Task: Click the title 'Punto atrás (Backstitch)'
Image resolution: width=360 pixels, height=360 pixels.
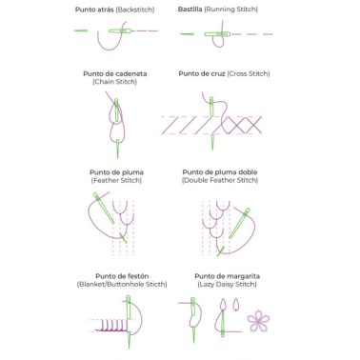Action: [114, 10]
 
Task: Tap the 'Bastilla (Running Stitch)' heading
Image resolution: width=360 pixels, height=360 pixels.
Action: [218, 10]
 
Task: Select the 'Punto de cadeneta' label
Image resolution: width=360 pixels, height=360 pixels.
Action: [115, 73]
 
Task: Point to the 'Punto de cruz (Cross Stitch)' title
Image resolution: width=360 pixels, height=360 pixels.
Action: [224, 73]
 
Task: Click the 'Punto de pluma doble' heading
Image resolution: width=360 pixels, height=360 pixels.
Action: [220, 172]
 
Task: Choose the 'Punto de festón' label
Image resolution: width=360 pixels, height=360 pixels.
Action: [122, 276]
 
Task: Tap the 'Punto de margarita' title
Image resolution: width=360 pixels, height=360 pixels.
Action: [228, 276]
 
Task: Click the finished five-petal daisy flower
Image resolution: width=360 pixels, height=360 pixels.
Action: [258, 321]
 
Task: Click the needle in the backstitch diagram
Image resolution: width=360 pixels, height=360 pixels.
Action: [120, 30]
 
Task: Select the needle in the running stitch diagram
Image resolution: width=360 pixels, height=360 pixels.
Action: [217, 34]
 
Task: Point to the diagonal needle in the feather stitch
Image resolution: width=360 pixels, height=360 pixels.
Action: [104, 208]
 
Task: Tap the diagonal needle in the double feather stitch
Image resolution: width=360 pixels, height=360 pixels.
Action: [239, 223]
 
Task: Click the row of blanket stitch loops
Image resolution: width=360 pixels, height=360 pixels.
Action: [112, 326]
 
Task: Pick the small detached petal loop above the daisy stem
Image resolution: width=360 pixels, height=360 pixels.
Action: [235, 305]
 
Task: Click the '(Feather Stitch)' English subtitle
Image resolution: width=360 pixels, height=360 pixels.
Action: [116, 180]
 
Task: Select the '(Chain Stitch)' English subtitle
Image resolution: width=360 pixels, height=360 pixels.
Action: [115, 82]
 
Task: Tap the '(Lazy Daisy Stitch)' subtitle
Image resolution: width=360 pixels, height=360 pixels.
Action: [228, 284]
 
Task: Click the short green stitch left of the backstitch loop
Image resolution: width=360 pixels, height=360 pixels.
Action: [81, 30]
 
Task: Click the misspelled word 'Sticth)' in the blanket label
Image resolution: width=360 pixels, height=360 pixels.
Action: [155, 284]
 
